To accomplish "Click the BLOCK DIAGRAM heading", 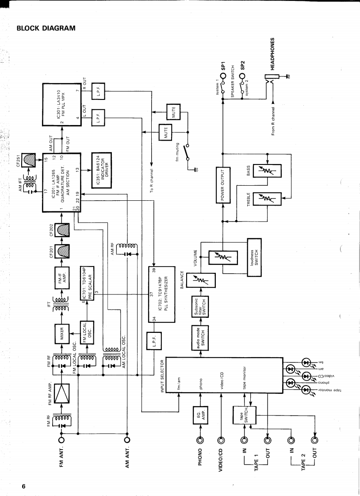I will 46,28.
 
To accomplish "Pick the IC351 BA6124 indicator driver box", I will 101,165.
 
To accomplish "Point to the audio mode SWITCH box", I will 200,337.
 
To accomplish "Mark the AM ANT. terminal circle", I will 127,439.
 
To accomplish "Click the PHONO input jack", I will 200,439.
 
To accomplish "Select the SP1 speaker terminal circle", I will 223,76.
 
